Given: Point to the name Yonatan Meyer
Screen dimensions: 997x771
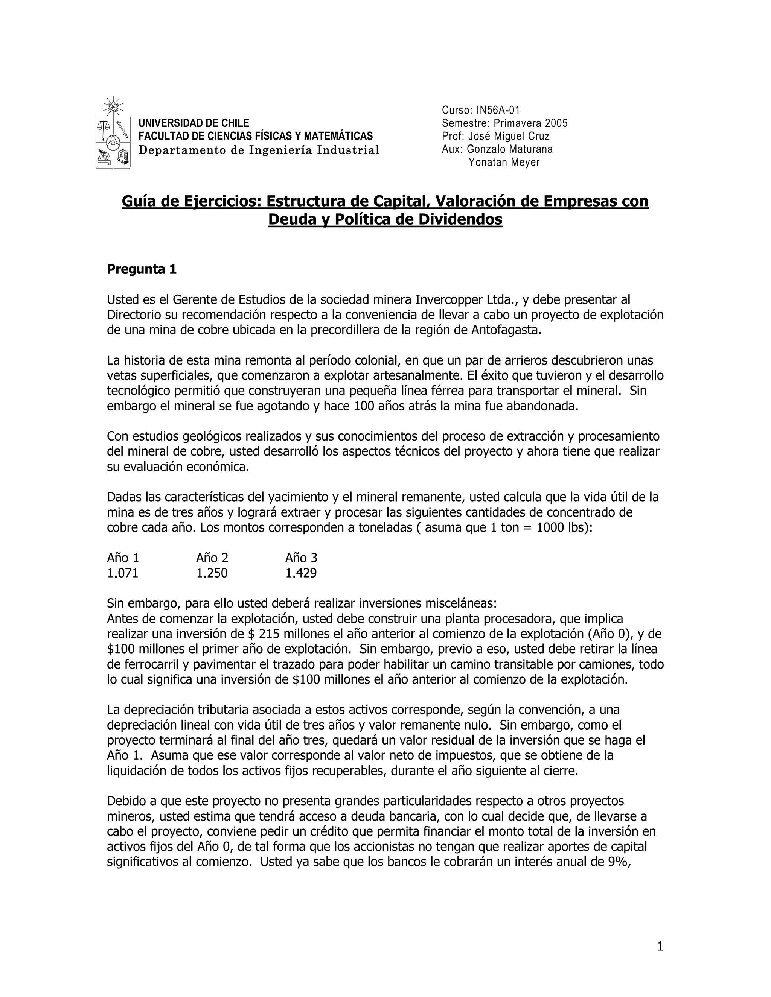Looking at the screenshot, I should tap(504, 162).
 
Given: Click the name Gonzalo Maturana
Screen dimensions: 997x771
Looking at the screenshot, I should tap(510, 149).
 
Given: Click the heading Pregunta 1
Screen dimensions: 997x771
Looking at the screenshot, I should tap(142, 269).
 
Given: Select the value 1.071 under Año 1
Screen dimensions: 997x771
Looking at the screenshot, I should tap(122, 573).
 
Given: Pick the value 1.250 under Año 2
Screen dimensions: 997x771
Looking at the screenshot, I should tap(212, 573).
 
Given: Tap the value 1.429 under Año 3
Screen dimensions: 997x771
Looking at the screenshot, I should tap(301, 573).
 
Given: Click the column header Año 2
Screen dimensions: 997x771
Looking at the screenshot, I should tap(212, 558).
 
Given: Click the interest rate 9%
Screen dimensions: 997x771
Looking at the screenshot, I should tap(619, 862).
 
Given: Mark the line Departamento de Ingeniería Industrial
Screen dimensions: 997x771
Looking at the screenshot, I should tap(259, 150).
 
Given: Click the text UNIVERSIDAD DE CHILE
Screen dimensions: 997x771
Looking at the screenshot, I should tap(194, 123).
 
